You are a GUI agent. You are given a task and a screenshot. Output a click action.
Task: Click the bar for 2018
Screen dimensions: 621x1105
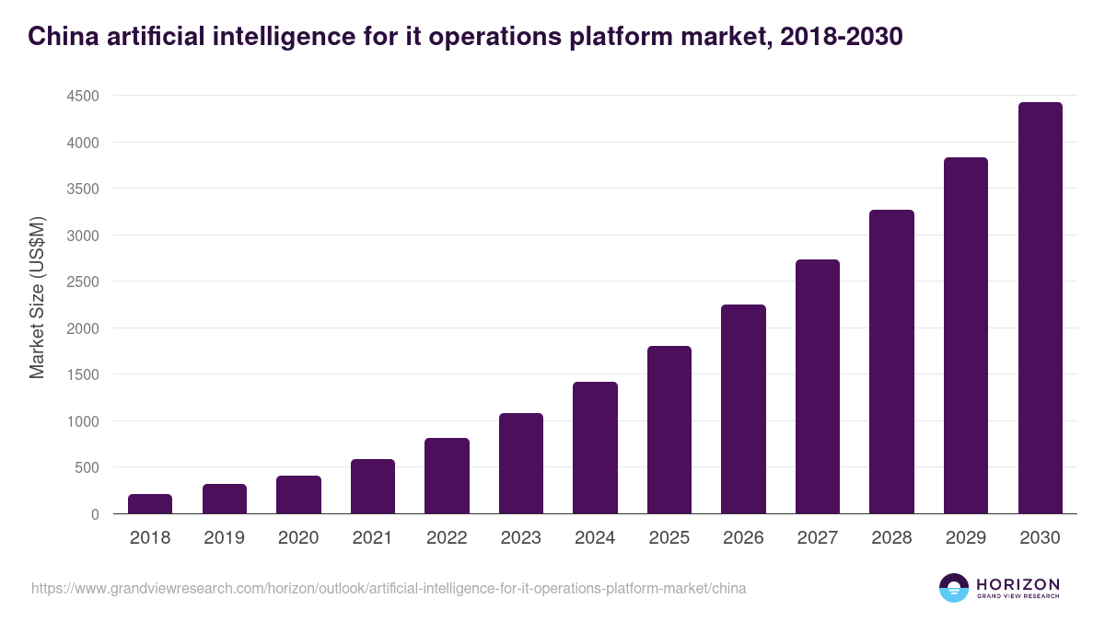(x=150, y=504)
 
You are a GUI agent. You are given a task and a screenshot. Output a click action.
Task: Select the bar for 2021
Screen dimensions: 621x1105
(x=372, y=487)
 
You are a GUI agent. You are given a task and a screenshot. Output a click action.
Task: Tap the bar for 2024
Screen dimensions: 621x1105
(x=595, y=448)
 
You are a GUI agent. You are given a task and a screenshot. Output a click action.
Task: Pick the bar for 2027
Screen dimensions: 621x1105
(x=818, y=386)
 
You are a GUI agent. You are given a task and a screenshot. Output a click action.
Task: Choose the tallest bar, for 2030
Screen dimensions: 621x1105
(x=1040, y=308)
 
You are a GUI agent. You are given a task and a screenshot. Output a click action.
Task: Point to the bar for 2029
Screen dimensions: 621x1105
(x=966, y=336)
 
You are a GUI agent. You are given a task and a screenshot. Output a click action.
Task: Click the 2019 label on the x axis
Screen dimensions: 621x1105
(x=224, y=538)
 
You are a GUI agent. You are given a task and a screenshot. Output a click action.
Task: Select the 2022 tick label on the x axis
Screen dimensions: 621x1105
(x=447, y=538)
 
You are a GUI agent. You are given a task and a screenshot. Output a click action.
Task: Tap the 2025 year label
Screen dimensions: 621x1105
(x=669, y=538)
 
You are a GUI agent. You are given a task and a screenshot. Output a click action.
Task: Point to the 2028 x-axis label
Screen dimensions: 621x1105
(x=891, y=538)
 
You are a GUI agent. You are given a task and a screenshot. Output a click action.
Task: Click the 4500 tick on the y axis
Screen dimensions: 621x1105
(x=82, y=96)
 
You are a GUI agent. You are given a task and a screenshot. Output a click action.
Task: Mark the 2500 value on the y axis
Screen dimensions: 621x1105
(x=82, y=282)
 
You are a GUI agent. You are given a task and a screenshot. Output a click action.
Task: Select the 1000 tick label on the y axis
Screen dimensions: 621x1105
(x=82, y=421)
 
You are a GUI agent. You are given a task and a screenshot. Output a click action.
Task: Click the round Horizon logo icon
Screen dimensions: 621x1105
(x=954, y=588)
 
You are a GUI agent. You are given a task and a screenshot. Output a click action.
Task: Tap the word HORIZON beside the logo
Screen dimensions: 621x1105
(x=1018, y=583)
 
